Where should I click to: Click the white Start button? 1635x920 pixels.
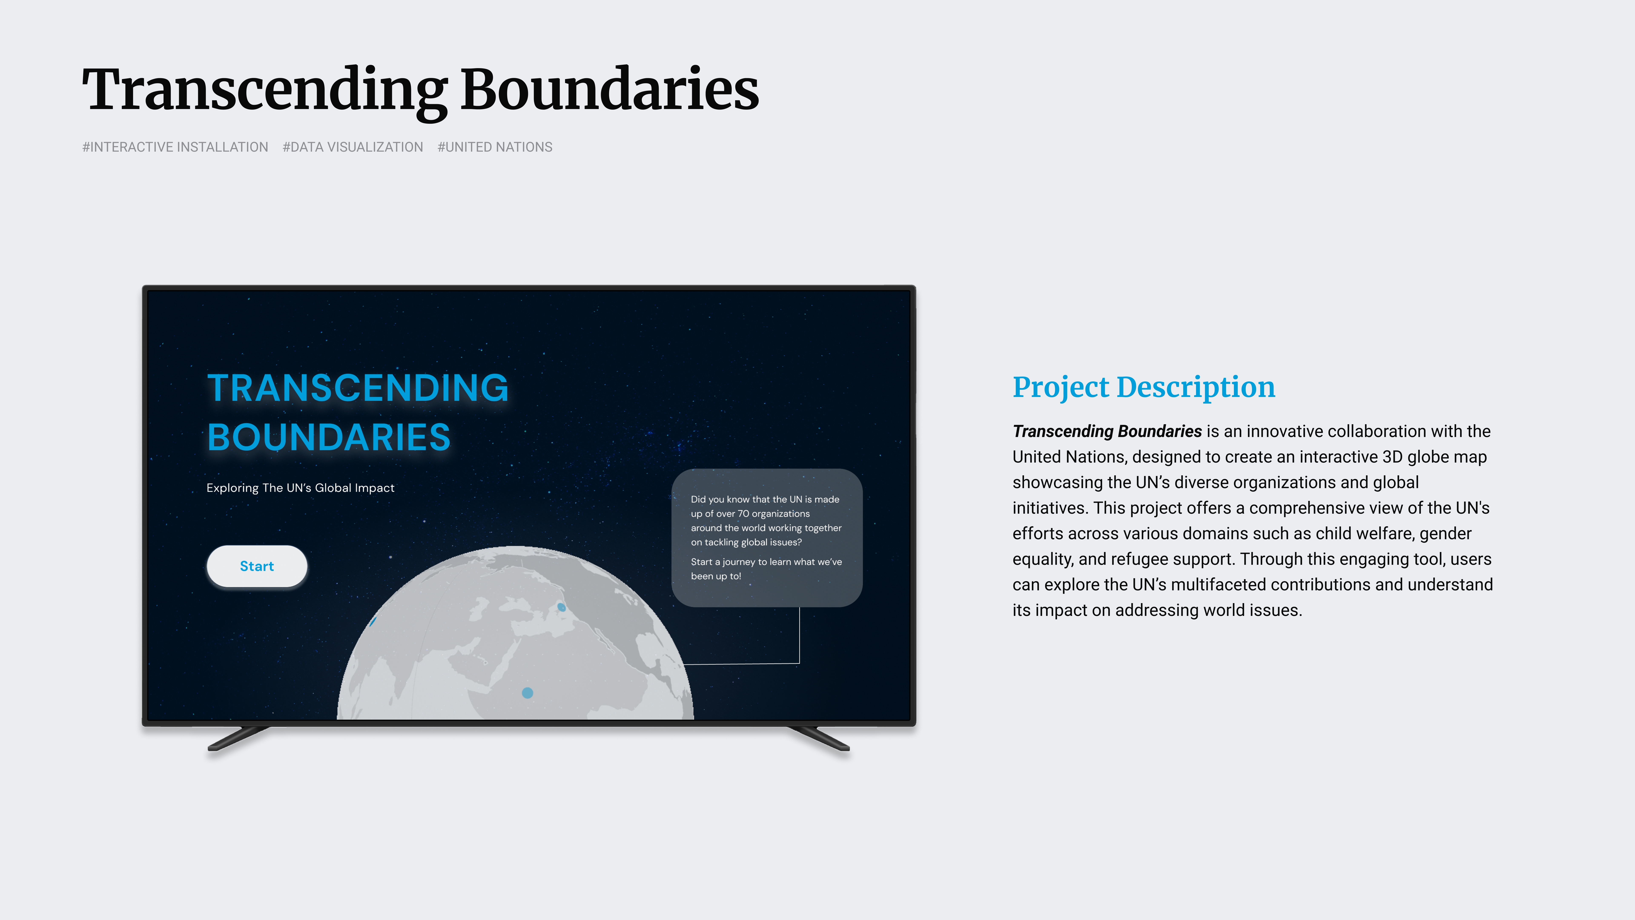(257, 566)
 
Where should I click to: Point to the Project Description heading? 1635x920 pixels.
(1144, 387)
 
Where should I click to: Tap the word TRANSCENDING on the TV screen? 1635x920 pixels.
(358, 388)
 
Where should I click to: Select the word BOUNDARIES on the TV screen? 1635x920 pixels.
(329, 437)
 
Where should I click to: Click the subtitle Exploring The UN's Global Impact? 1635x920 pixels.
(300, 488)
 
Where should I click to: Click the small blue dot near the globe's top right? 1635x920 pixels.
(561, 607)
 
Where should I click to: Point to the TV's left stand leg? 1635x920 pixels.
(238, 738)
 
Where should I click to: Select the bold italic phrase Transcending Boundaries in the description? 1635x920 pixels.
(1107, 431)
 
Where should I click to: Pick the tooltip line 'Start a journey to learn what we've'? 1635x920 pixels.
(766, 562)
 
